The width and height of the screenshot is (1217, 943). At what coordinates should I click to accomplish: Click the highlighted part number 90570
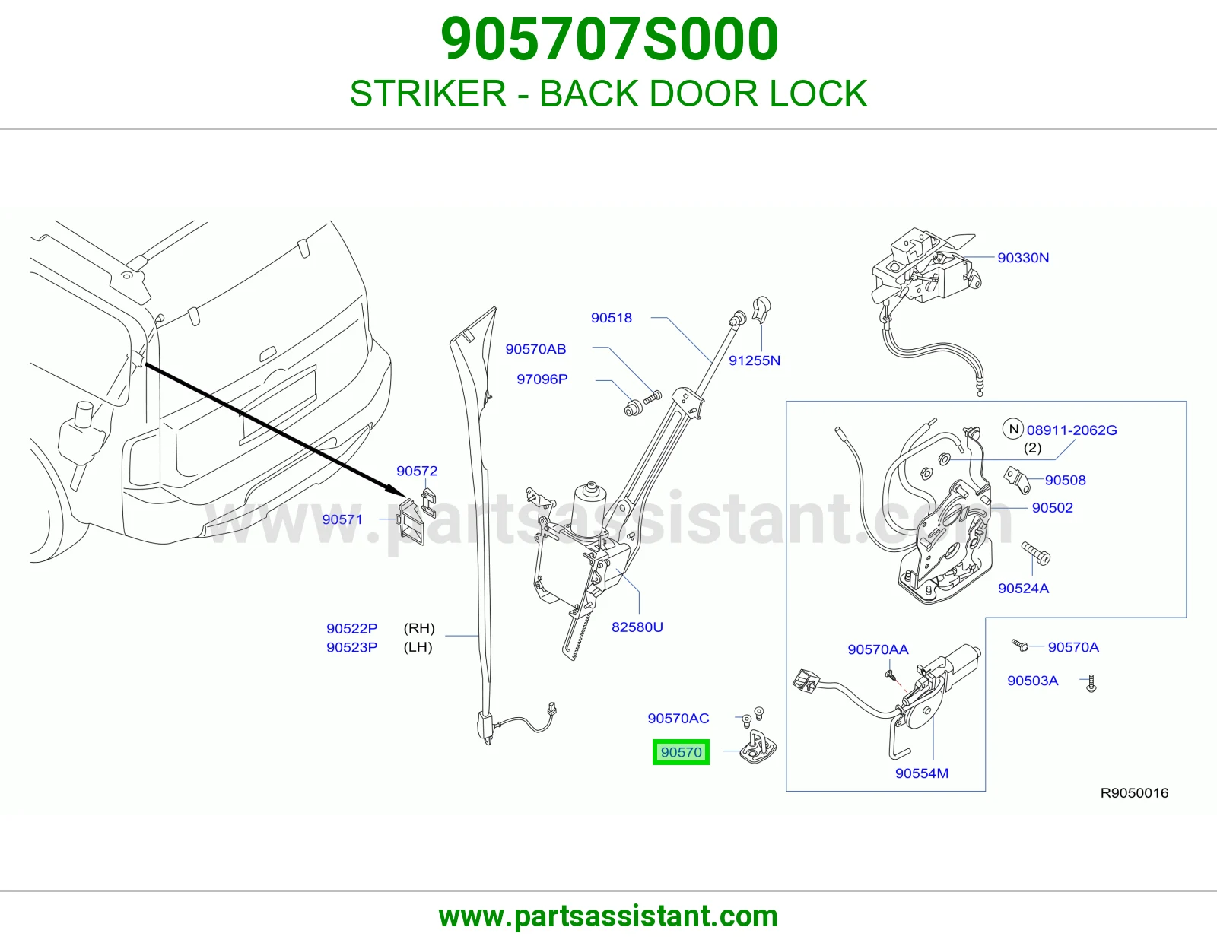pyautogui.click(x=681, y=752)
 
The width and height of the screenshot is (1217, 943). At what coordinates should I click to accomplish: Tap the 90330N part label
pyautogui.click(x=1023, y=258)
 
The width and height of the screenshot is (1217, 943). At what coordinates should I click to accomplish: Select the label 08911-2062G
pyautogui.click(x=1072, y=430)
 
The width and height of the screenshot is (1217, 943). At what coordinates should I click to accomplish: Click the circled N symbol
pyautogui.click(x=1012, y=430)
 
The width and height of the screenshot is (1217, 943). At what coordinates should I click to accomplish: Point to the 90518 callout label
pyautogui.click(x=611, y=318)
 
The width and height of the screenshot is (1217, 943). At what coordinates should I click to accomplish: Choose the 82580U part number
pyautogui.click(x=637, y=627)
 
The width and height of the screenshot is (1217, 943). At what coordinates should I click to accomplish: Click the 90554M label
pyautogui.click(x=921, y=773)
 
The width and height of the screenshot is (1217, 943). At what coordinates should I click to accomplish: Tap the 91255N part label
pyautogui.click(x=754, y=360)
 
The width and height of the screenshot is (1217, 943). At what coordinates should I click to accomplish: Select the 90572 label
pyautogui.click(x=417, y=471)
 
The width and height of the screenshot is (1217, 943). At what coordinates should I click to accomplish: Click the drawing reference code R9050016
pyautogui.click(x=1134, y=793)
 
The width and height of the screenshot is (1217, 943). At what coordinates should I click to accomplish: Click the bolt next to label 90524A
pyautogui.click(x=1035, y=554)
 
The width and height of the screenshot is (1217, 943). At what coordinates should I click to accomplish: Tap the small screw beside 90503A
pyautogui.click(x=1091, y=683)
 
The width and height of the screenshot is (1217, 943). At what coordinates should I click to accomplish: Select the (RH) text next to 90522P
pyautogui.click(x=419, y=628)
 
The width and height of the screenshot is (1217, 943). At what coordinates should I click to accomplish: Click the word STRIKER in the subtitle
pyautogui.click(x=428, y=94)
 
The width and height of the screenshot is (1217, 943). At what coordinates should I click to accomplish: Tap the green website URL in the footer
pyautogui.click(x=608, y=916)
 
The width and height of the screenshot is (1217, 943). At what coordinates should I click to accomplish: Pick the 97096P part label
pyautogui.click(x=542, y=379)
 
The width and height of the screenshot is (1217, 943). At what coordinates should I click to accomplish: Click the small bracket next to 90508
pyautogui.click(x=1016, y=481)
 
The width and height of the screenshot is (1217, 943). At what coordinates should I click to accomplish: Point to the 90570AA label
pyautogui.click(x=878, y=649)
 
